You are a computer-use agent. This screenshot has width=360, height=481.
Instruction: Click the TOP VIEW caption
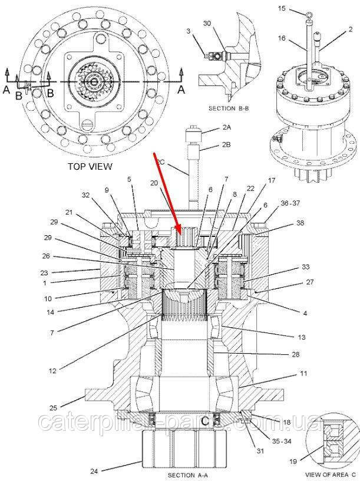pos(89,167)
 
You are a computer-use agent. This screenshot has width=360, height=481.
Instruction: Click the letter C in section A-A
pos(204,421)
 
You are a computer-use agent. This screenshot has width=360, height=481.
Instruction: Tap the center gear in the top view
pos(94,78)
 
